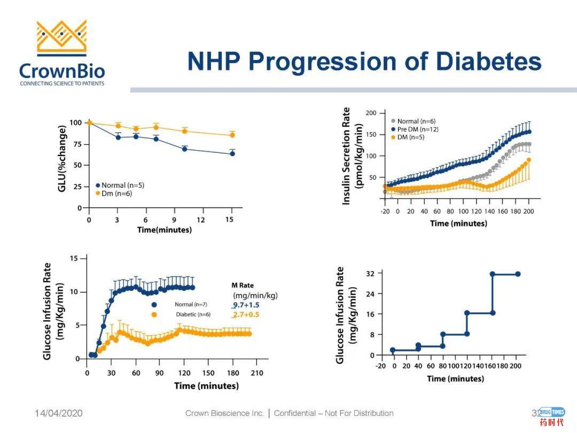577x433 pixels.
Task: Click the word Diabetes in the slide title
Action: click(x=489, y=62)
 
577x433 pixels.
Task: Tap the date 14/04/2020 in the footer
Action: click(x=59, y=413)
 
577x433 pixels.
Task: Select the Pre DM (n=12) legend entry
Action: click(x=419, y=129)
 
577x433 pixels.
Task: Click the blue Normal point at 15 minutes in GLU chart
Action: click(x=232, y=153)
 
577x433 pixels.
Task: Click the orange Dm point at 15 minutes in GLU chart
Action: click(x=232, y=135)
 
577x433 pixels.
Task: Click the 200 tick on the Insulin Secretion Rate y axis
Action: click(x=371, y=113)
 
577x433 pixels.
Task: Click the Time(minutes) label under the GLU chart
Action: click(x=165, y=230)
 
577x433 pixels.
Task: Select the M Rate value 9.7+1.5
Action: click(x=245, y=305)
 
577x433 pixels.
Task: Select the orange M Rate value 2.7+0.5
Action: click(x=245, y=314)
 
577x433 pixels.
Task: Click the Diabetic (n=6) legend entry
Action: click(x=193, y=314)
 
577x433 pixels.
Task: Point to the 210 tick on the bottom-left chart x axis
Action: click(x=257, y=373)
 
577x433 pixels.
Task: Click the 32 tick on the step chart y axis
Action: click(x=370, y=273)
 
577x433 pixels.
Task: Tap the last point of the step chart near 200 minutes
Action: click(x=517, y=274)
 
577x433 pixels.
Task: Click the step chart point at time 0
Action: click(x=393, y=350)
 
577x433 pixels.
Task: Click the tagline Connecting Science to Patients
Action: click(x=62, y=83)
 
